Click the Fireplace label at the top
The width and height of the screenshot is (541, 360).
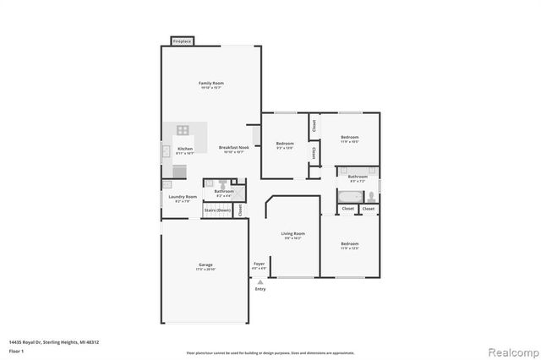click(182, 41)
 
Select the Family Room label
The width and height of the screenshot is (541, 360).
click(210, 83)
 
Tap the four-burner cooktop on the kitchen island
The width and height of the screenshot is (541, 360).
click(183, 130)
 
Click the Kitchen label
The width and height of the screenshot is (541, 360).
click(184, 149)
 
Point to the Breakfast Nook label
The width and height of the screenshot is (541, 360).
click(233, 148)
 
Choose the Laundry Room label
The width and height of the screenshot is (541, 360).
click(183, 197)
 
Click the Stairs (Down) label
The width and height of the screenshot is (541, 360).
click(217, 210)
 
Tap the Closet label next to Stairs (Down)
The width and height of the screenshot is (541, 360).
click(240, 209)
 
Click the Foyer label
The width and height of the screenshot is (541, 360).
click(260, 265)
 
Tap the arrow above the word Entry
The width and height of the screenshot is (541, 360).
click(260, 282)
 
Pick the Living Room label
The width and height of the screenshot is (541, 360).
click(293, 233)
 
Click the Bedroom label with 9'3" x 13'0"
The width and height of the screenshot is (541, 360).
click(285, 144)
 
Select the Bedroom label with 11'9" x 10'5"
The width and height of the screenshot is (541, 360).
click(350, 137)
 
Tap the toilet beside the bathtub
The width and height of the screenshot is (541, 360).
click(369, 195)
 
